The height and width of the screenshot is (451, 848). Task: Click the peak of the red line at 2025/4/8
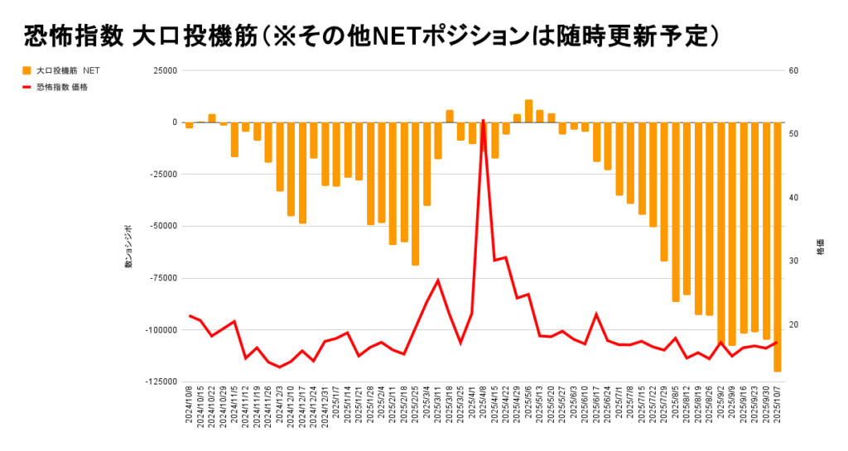click(x=483, y=120)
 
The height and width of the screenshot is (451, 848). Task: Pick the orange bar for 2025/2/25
click(x=415, y=194)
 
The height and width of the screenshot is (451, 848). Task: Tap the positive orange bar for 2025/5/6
click(x=528, y=111)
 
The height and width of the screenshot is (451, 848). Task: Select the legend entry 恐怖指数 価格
click(x=61, y=86)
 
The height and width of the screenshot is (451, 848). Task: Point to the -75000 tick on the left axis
click(x=161, y=278)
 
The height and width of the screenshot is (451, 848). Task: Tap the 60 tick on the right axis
click(x=793, y=71)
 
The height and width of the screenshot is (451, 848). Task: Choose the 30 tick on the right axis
click(x=793, y=261)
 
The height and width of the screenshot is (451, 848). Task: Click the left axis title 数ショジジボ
click(x=128, y=246)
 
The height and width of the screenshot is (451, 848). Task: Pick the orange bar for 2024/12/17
click(x=303, y=173)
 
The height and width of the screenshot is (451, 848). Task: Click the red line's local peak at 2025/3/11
click(x=438, y=280)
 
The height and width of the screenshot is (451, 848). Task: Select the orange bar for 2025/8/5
click(x=676, y=212)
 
